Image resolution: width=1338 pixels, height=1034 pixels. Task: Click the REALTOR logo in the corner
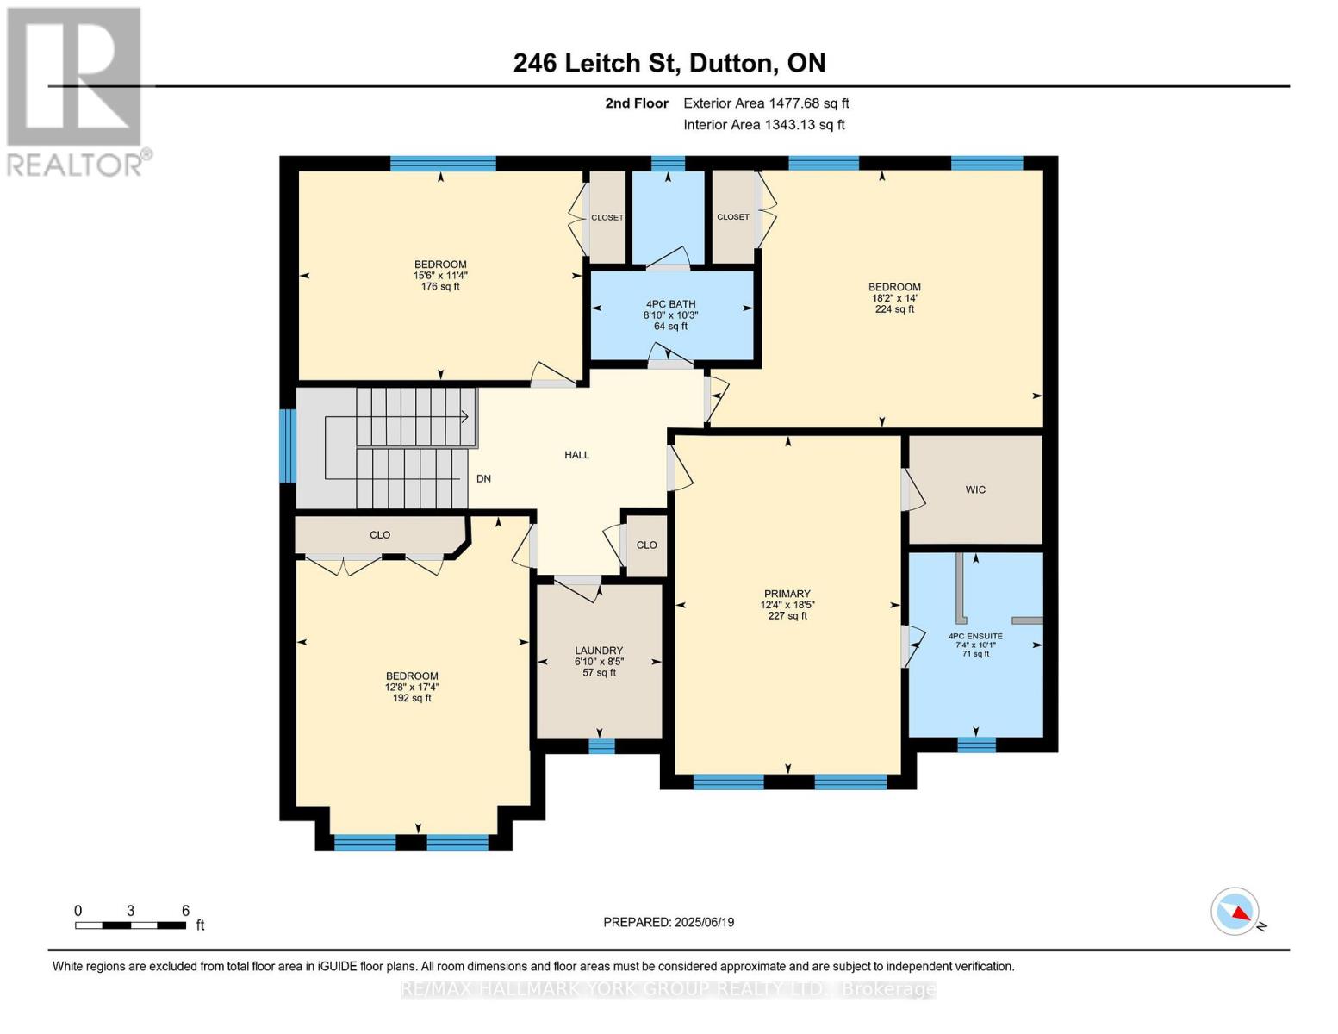(75, 91)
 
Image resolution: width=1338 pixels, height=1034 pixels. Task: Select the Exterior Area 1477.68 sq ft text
(766, 103)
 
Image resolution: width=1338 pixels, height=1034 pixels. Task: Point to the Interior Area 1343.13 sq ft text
(763, 125)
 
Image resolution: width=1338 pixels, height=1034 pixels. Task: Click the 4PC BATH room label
(670, 304)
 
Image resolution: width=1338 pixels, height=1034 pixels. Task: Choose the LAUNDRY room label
(599, 651)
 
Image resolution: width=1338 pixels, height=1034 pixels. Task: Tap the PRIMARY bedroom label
(787, 594)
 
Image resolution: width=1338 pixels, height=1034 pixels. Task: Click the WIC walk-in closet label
(975, 489)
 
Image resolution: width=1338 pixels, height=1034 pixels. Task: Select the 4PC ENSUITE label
(975, 636)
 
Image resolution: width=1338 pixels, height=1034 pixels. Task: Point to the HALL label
(576, 455)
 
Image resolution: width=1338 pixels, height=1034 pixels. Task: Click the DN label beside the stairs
(483, 478)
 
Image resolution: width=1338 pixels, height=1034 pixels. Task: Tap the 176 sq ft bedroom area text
(440, 287)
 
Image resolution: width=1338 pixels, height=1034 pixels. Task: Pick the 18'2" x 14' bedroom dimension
(894, 298)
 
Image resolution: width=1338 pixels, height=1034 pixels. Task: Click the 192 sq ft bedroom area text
(412, 698)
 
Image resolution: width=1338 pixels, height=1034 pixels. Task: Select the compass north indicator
(1236, 912)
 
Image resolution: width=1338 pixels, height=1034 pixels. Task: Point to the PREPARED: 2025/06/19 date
(669, 922)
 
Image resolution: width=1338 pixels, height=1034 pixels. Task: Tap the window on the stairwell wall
(288, 445)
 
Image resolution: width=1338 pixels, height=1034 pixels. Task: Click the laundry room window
(601, 746)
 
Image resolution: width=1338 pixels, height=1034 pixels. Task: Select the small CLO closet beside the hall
(646, 545)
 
